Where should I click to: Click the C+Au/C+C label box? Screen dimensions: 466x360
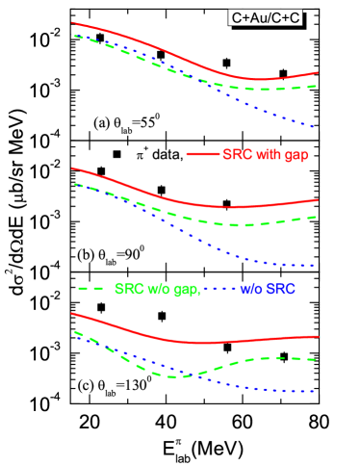265,17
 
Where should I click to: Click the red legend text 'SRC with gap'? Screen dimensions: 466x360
265,154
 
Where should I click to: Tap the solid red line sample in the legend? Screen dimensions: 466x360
202,154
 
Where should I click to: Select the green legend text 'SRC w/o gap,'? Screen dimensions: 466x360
157,288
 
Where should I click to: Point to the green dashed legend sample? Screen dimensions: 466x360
90,288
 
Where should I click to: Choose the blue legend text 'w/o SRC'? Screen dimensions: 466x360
267,288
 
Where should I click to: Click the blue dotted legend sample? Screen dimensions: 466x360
219,288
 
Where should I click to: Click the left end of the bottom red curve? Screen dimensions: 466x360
72,313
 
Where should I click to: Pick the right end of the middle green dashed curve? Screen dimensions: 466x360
317,217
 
